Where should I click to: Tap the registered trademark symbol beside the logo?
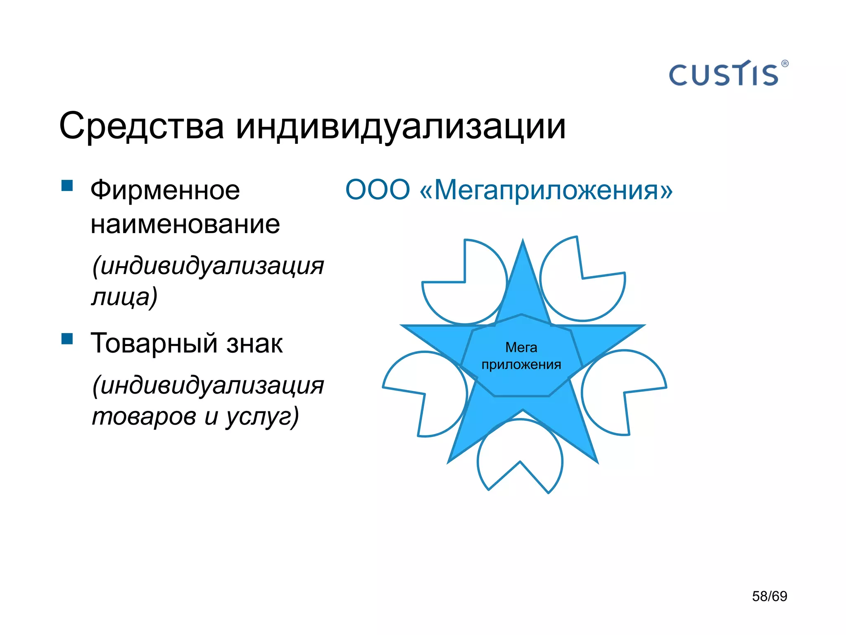785,64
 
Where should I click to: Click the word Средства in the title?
141,126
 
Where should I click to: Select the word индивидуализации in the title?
401,126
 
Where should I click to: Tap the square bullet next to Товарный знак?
67,339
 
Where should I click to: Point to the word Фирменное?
165,190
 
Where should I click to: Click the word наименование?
185,224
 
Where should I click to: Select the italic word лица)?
124,297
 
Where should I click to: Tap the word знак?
254,343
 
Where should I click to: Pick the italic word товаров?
144,416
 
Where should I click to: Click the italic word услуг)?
262,417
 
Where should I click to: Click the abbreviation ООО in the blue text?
378,190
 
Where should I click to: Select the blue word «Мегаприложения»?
546,190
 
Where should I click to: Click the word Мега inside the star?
521,347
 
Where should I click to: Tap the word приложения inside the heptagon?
521,365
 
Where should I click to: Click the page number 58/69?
770,596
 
